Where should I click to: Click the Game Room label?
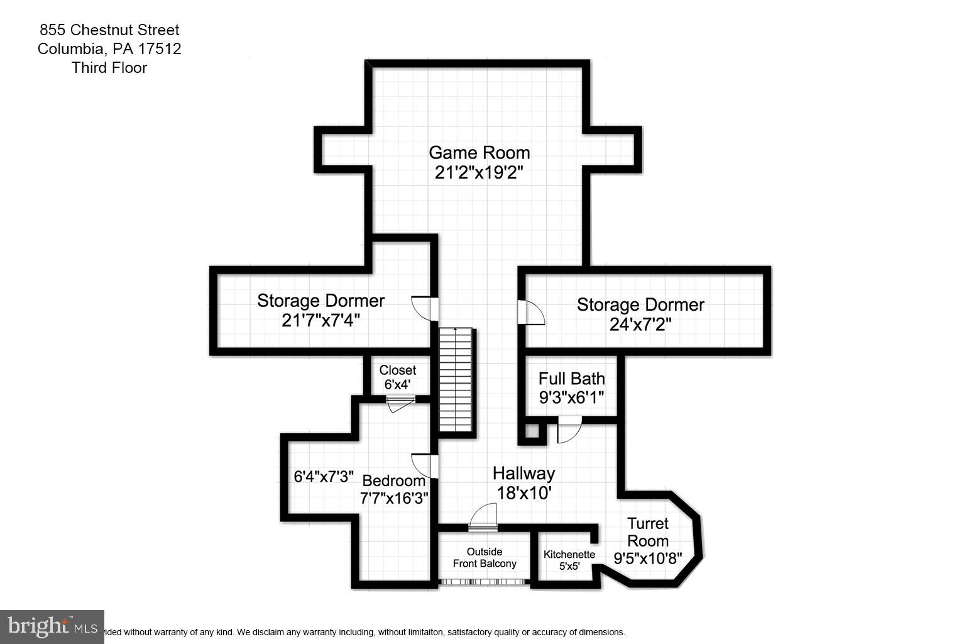tap(479, 153)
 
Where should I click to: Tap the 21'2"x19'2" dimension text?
tap(479, 172)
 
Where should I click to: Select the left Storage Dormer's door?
tap(424, 308)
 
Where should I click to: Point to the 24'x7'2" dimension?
tap(640, 325)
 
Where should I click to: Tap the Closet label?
tap(397, 370)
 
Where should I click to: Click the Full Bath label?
tap(571, 379)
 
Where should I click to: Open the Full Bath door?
tap(569, 431)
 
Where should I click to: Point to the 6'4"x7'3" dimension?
tap(324, 477)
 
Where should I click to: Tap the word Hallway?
tap(523, 473)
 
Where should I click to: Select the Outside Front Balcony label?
tap(485, 558)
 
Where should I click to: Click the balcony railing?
tap(484, 582)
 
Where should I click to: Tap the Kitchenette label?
tap(569, 555)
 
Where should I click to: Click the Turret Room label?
tap(648, 532)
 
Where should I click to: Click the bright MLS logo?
tap(52, 626)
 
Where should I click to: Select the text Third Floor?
tap(109, 68)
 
